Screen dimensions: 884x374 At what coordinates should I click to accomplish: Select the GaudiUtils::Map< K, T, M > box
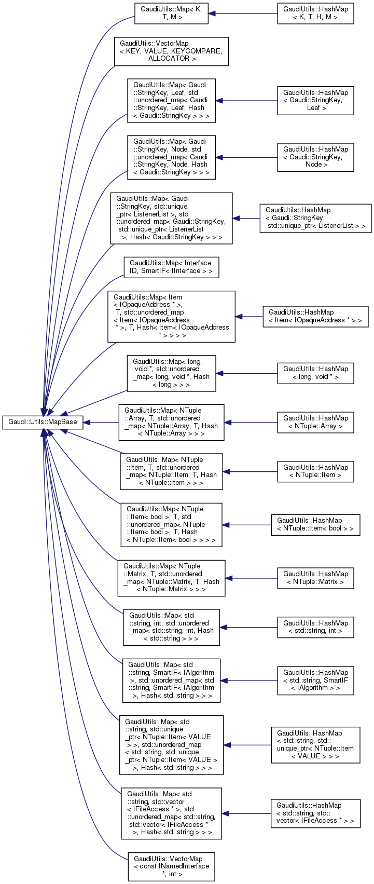coord(171,13)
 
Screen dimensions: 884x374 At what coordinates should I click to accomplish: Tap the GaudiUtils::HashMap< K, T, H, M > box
coord(315,13)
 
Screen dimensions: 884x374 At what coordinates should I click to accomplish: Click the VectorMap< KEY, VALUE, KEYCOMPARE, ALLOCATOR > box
coord(171,51)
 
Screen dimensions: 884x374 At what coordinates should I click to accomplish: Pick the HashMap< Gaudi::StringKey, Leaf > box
coord(315,100)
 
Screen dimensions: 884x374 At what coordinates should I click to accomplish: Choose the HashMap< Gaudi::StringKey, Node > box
coord(315,157)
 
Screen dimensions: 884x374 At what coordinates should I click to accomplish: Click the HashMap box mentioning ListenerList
coord(315,218)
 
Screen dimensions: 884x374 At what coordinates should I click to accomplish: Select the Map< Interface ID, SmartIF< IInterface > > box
coord(171,267)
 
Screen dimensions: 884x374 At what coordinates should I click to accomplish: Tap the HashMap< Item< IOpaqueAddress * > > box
coord(315,316)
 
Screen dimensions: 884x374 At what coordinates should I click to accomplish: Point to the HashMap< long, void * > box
coord(315,373)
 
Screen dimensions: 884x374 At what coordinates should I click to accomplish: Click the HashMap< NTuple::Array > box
coord(315,422)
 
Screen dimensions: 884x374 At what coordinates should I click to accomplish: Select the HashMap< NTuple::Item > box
coord(315,471)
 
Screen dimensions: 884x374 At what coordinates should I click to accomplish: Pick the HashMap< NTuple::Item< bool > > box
coord(315,524)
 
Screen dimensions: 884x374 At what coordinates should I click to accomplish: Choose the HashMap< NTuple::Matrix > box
coord(315,578)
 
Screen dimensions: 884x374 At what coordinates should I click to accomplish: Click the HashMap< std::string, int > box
coord(315,627)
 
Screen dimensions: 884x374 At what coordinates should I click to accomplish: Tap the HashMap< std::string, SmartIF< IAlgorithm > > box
coord(315,680)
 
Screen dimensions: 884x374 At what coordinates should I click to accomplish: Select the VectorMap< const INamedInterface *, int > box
coord(171,866)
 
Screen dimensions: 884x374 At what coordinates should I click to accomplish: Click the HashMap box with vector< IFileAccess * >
coord(315,813)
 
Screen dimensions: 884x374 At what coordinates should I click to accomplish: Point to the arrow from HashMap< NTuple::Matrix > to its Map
coord(252,578)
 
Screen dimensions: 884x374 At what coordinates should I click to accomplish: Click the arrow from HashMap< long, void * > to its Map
coord(246,373)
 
